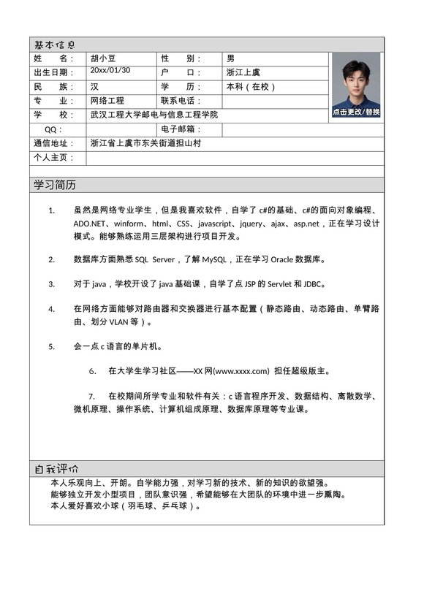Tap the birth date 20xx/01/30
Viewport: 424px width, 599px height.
coord(110,70)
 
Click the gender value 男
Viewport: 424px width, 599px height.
coord(231,58)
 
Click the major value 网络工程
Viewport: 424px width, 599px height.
coord(107,101)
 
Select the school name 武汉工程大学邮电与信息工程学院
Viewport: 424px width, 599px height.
coord(154,115)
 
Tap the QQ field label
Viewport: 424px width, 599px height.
coord(54,129)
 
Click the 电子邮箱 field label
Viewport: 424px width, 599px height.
coord(181,129)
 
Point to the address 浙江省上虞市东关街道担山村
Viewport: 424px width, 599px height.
coord(145,143)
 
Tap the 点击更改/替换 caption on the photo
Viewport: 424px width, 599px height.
coord(356,112)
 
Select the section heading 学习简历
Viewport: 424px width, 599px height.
coord(55,185)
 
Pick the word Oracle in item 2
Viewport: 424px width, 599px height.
coord(286,259)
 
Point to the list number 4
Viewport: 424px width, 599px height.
coord(51,308)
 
